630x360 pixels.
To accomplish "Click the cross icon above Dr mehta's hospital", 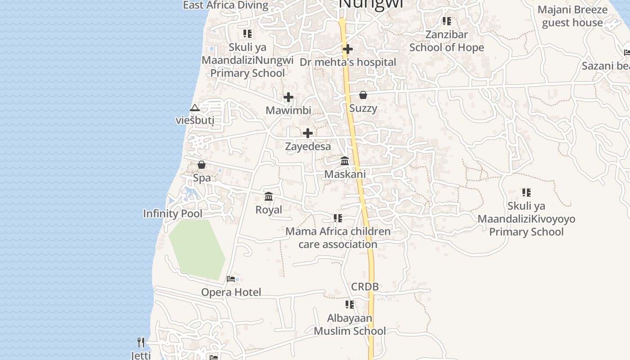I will click(x=347, y=49).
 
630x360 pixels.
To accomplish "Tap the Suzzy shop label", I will click(x=363, y=108).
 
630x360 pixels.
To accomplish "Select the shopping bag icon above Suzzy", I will click(x=363, y=95).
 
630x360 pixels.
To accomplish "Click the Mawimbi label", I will click(x=288, y=110).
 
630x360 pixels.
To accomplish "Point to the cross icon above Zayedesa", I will click(x=308, y=133).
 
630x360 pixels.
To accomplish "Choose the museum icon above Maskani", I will click(x=345, y=161).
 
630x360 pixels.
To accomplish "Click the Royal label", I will click(x=269, y=210).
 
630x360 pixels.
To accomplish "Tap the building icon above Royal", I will click(x=269, y=196).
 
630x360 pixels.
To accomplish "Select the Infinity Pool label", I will click(x=173, y=214).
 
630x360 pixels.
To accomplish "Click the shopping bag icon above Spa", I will click(x=202, y=165).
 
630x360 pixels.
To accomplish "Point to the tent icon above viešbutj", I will click(x=194, y=108).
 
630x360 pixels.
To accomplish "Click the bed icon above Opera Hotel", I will click(x=231, y=279).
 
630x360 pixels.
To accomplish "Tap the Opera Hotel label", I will click(x=231, y=292).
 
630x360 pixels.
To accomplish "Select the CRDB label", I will click(x=365, y=287).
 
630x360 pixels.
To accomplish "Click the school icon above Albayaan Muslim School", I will click(x=350, y=305).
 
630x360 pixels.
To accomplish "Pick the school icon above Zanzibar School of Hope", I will click(x=446, y=21).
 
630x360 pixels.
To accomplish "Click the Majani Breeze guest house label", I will click(x=572, y=16).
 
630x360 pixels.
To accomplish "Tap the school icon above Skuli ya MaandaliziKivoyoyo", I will click(x=526, y=193).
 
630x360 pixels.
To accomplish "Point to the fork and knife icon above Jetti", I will click(x=141, y=342).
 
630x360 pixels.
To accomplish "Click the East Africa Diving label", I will click(x=225, y=5).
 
